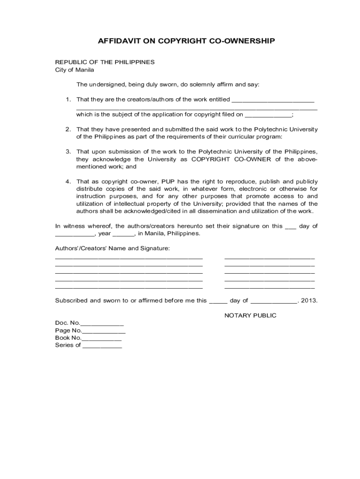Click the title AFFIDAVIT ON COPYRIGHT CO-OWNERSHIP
pos(186,41)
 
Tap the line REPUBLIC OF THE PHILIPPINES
pos(105,62)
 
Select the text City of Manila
pos(75,70)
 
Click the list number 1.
pos(68,99)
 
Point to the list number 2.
pos(68,129)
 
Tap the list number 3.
pos(68,152)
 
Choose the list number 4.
pos(68,181)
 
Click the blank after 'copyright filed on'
pos(268,115)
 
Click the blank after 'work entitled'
pos(273,100)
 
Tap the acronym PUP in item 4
pos(169,181)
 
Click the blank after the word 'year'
pos(123,234)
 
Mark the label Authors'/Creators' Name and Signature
pos(112,248)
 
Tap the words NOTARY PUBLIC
pos(250,315)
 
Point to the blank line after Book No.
pos(101,338)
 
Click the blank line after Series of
pos(102,346)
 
